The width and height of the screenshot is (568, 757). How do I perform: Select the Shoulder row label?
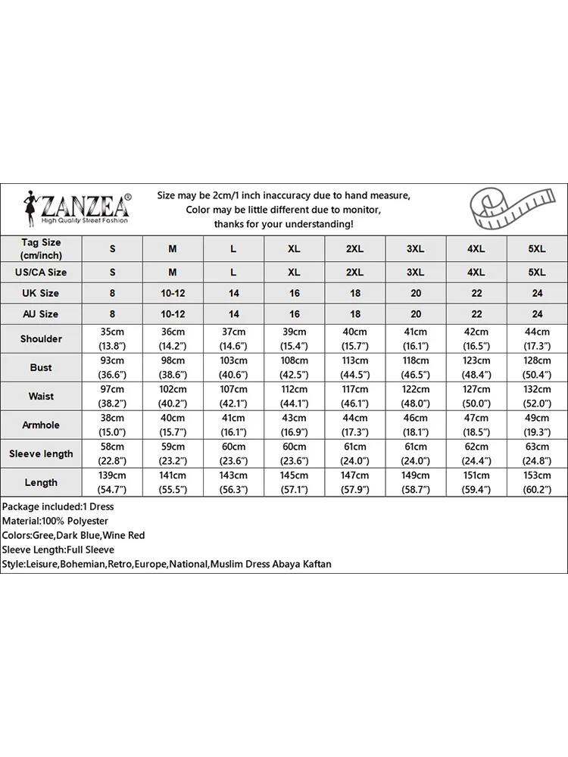click(x=41, y=338)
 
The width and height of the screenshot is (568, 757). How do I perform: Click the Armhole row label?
click(x=41, y=425)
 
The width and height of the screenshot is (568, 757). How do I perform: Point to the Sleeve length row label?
click(x=41, y=453)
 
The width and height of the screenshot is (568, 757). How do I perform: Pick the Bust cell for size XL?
click(x=295, y=367)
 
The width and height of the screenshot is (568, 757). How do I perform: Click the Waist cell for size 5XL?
click(x=536, y=396)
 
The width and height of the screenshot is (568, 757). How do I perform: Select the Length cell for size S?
click(x=112, y=482)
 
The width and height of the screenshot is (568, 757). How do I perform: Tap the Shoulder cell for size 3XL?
click(x=415, y=338)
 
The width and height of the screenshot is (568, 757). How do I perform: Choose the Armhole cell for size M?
click(x=173, y=425)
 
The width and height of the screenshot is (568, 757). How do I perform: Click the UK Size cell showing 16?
click(x=295, y=293)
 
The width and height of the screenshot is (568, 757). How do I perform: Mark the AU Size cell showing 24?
click(x=536, y=313)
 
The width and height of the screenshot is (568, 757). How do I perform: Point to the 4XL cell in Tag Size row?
click(x=476, y=248)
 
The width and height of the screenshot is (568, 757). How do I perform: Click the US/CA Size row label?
click(x=41, y=272)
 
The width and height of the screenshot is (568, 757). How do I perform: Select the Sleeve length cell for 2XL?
click(x=354, y=453)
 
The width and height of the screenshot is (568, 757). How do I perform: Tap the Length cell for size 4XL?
click(x=476, y=482)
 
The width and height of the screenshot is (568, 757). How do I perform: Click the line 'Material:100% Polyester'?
click(x=55, y=521)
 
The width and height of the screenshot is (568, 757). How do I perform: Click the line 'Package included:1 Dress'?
click(x=58, y=506)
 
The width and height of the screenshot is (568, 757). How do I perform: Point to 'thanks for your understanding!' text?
click(x=282, y=224)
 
